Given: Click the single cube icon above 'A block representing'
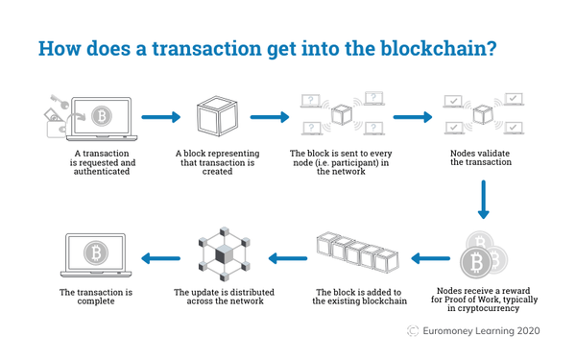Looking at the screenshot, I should point(216,118).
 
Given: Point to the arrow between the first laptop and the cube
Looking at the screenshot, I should point(160,118).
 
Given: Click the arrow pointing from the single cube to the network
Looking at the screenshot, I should point(270,118).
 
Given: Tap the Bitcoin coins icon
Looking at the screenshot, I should point(484,255).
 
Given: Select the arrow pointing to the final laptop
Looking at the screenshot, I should point(160,256).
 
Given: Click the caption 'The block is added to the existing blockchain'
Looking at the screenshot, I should point(357,296).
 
